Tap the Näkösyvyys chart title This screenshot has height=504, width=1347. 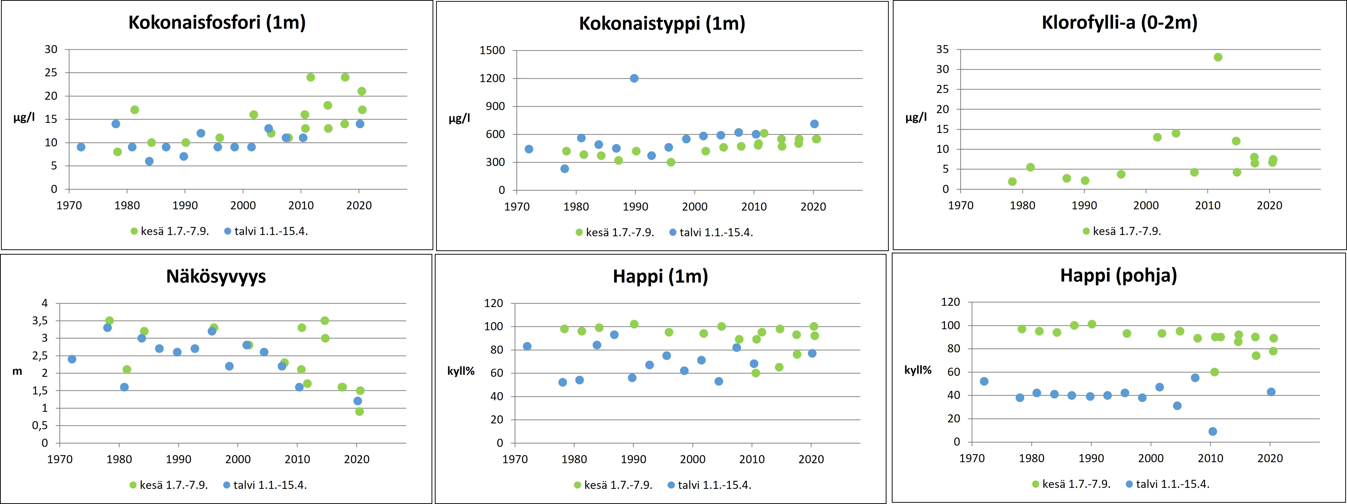[216, 276]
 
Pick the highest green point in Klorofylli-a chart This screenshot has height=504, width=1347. [1218, 57]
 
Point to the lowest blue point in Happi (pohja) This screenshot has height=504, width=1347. [1213, 431]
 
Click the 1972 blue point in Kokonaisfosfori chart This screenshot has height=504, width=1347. [81, 147]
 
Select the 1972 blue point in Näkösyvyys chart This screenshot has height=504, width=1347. [72, 359]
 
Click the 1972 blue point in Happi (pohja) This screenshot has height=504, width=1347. [984, 381]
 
